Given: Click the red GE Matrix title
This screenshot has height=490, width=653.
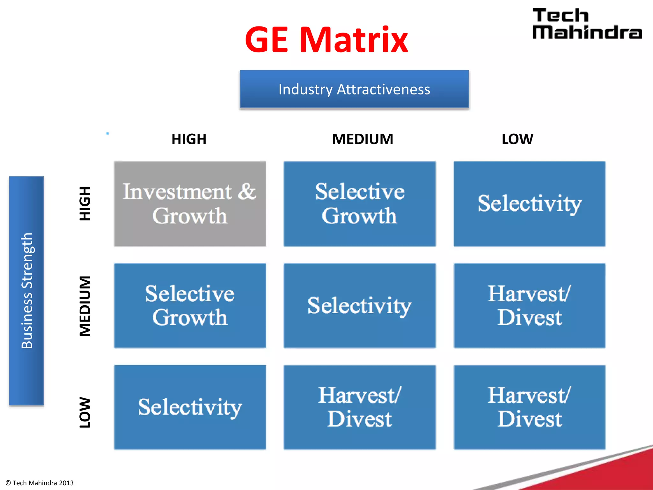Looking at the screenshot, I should (x=326, y=40).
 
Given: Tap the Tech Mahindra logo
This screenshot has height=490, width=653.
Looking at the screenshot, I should (x=587, y=24).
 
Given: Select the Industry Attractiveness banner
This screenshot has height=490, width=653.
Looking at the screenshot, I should (x=354, y=89).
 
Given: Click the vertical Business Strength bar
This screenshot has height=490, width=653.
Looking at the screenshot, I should (x=26, y=291).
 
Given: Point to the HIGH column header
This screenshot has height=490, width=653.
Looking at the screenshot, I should (x=189, y=139).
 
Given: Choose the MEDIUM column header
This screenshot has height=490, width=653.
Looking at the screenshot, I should (x=363, y=139).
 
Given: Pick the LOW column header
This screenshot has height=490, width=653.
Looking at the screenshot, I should (x=517, y=139).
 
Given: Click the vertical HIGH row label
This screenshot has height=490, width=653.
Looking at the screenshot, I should (x=85, y=204).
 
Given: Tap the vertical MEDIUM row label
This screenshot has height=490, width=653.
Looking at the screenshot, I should (x=85, y=306).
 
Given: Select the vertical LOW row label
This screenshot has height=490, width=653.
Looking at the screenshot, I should (x=85, y=412).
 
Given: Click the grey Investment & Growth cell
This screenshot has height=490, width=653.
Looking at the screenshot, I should (x=190, y=204).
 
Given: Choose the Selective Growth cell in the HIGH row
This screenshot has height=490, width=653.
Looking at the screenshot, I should (x=360, y=204).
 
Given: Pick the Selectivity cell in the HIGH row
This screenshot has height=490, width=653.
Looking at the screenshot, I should (x=529, y=204).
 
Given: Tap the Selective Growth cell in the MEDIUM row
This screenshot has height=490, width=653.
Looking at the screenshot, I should (x=190, y=305).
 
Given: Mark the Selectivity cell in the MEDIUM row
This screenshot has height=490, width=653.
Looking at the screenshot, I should (x=360, y=305).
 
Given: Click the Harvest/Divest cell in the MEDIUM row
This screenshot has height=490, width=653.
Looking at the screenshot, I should (x=529, y=305).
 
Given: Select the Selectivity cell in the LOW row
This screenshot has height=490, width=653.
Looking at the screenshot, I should (x=190, y=407).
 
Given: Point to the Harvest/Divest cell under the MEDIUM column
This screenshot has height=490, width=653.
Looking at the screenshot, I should (x=360, y=407).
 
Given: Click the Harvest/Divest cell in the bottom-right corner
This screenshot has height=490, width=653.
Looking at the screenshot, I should (x=529, y=407).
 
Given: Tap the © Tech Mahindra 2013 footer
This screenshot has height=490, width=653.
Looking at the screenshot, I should (x=40, y=483).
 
